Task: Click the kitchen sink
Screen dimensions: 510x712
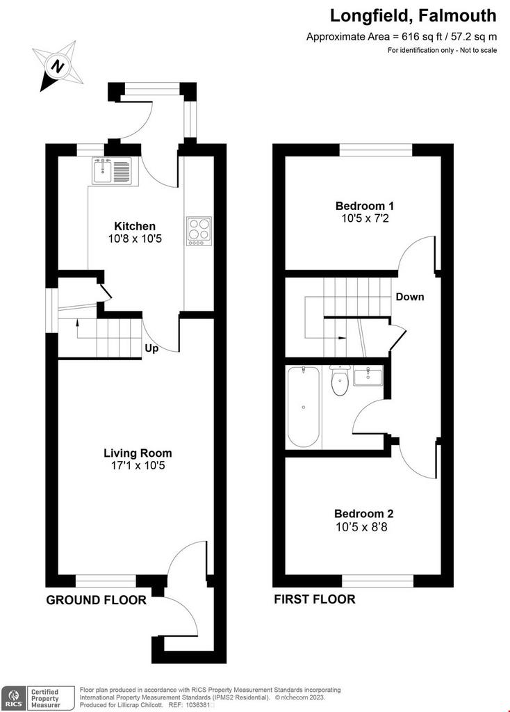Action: (x=112, y=171)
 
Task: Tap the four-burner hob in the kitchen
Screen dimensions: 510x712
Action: (x=199, y=231)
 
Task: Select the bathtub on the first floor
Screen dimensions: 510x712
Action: (x=303, y=407)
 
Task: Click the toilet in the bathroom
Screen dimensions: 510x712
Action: (x=339, y=380)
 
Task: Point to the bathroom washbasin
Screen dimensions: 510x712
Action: (x=368, y=376)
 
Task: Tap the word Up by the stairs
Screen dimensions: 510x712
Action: (x=151, y=349)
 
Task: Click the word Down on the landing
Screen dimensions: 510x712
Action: (x=410, y=297)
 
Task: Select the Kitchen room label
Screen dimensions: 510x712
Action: (x=135, y=226)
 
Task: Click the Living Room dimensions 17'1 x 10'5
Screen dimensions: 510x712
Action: (x=138, y=465)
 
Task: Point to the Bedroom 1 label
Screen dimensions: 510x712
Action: (x=365, y=206)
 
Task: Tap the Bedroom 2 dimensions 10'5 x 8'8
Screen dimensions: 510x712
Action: (x=361, y=527)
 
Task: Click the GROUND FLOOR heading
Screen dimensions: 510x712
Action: (x=96, y=600)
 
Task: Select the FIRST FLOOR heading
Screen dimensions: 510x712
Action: (x=315, y=599)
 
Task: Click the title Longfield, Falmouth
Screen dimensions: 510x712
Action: (x=413, y=16)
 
